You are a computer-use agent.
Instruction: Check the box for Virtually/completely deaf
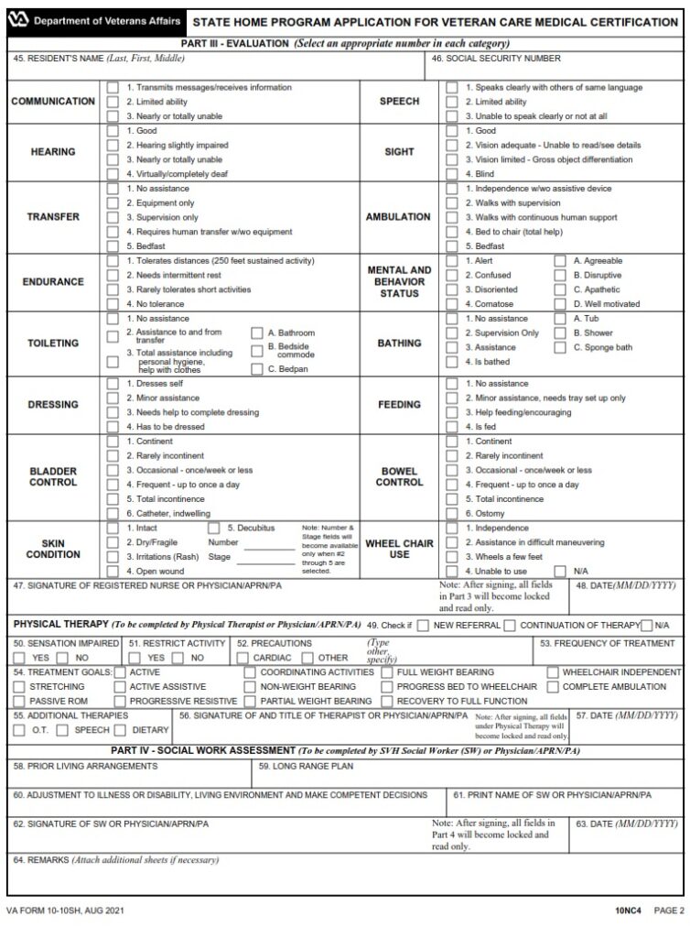113,174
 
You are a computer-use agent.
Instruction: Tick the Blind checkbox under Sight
452,174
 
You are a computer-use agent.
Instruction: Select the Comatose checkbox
452,303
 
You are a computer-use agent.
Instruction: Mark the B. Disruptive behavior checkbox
560,275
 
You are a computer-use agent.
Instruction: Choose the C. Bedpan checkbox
257,369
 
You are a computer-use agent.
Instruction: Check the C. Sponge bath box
560,348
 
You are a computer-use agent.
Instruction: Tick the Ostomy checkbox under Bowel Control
452,514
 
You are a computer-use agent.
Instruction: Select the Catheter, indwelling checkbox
113,514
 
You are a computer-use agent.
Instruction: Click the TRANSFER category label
53,217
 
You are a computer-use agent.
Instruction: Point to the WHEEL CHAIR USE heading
399,549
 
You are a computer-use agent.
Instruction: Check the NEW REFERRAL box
423,626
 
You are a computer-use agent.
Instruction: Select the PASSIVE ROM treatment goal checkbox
19,701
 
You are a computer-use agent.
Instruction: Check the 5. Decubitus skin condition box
214,529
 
